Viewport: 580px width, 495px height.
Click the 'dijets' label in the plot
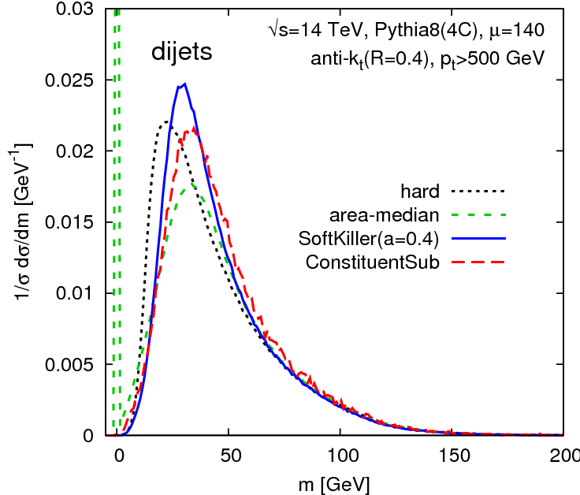(182, 54)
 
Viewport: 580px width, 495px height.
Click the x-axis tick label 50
(229, 455)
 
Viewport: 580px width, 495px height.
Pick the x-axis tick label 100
(340, 455)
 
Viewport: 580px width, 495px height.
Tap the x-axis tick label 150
(452, 455)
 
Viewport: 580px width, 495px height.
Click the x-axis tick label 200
(562, 455)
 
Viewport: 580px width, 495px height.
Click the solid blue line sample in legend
(478, 238)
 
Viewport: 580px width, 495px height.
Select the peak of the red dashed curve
(191, 128)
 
